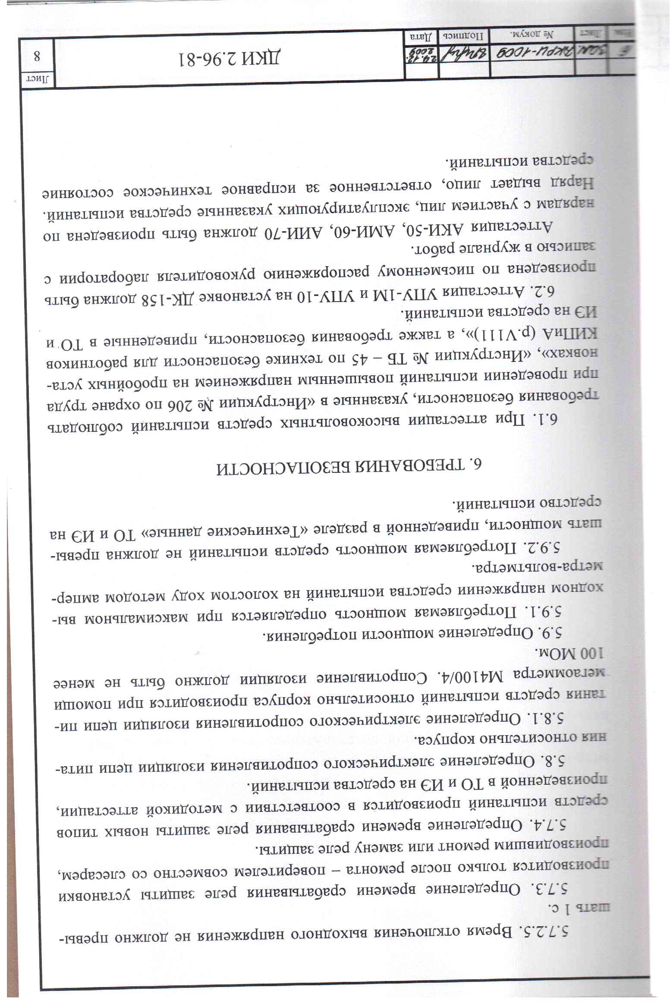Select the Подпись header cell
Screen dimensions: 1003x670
click(464, 34)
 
